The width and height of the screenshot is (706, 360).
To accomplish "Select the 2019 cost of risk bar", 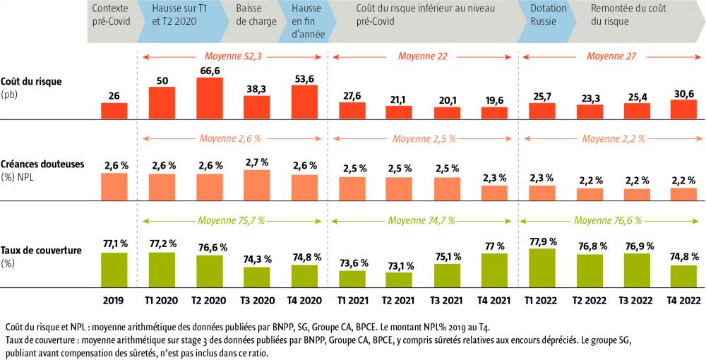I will [114, 110].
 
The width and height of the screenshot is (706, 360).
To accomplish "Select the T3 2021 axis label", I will [446, 299].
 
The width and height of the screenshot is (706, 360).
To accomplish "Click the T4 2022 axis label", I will [683, 299].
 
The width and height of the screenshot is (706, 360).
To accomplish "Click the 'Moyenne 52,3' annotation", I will [232, 56].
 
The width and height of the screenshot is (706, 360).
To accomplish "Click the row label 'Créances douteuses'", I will [42, 164].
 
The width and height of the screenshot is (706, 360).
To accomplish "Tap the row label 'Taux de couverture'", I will [42, 251].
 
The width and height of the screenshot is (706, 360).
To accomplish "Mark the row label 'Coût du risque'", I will [31, 81].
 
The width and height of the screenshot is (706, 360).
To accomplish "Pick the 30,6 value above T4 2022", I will [683, 92].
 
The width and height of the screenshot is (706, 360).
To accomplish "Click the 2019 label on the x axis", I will [114, 299].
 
